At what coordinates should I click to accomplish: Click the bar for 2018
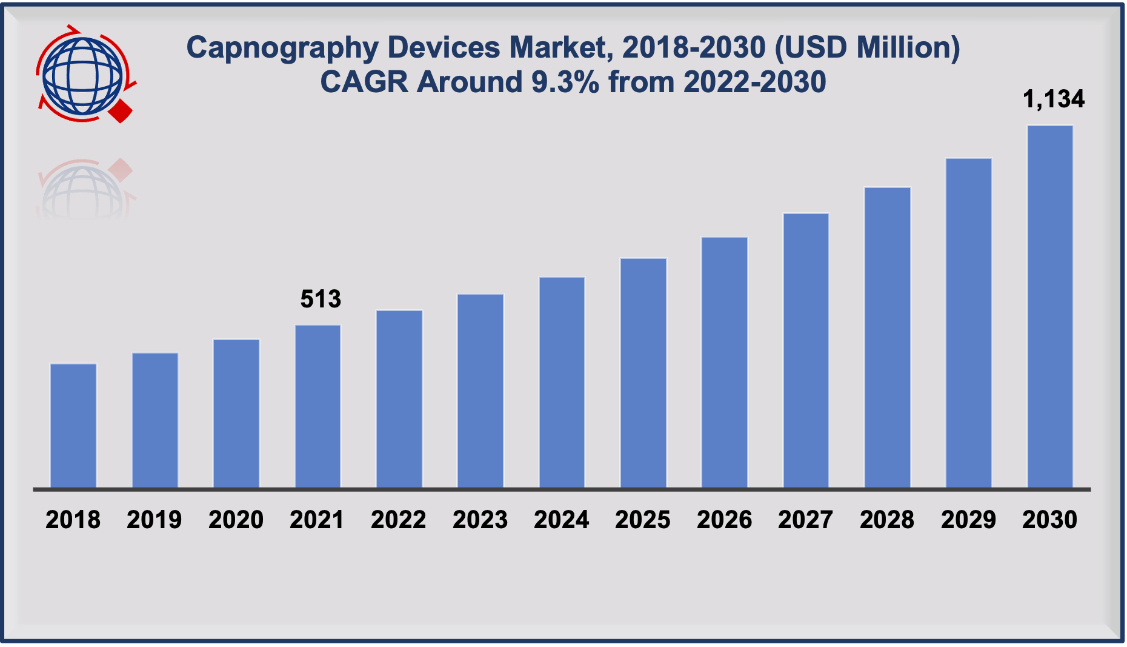(73, 425)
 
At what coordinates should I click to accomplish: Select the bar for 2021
(317, 406)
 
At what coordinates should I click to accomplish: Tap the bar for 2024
(562, 382)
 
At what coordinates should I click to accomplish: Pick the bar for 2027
(806, 350)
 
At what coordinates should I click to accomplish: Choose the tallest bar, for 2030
(1050, 306)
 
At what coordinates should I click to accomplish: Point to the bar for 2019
(155, 420)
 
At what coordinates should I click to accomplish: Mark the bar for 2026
(725, 362)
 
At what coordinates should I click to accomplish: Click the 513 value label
(321, 299)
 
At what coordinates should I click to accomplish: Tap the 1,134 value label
(1054, 99)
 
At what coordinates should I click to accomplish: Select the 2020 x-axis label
(236, 520)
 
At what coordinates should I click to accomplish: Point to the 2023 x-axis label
(480, 520)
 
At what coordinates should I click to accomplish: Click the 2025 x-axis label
(643, 520)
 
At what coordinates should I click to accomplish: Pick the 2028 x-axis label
(887, 520)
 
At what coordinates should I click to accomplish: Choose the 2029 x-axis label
(968, 520)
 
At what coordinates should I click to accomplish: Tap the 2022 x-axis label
(399, 520)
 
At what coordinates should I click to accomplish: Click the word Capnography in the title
(282, 48)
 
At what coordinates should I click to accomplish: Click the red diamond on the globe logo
(121, 112)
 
